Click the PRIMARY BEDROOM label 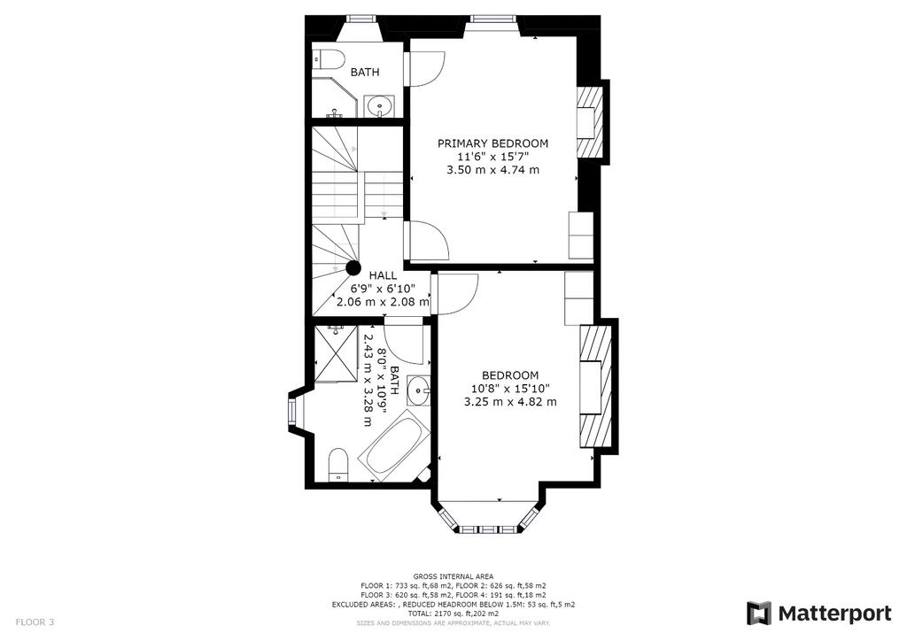point(492,143)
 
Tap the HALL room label point(383,275)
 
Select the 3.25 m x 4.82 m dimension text point(510,402)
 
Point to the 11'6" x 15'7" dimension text point(493,157)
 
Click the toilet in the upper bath point(329,58)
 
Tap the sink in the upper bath point(379,105)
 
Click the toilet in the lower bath point(337,466)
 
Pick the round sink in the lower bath point(418,390)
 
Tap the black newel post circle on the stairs point(353,268)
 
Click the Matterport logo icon point(759,613)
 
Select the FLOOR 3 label point(35,622)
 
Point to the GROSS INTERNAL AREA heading point(453,576)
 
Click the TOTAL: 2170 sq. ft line point(453,614)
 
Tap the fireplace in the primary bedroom point(591,122)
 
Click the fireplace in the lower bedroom point(595,387)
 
